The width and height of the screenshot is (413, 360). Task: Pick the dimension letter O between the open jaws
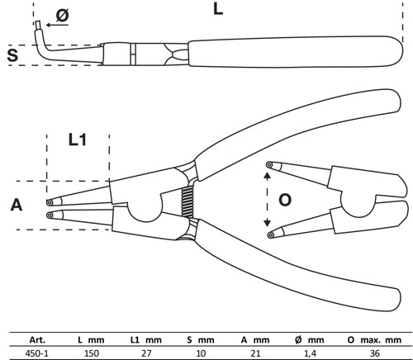(x=285, y=199)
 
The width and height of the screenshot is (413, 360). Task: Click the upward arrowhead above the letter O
(x=267, y=174)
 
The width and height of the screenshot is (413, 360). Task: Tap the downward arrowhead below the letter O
(x=267, y=224)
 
